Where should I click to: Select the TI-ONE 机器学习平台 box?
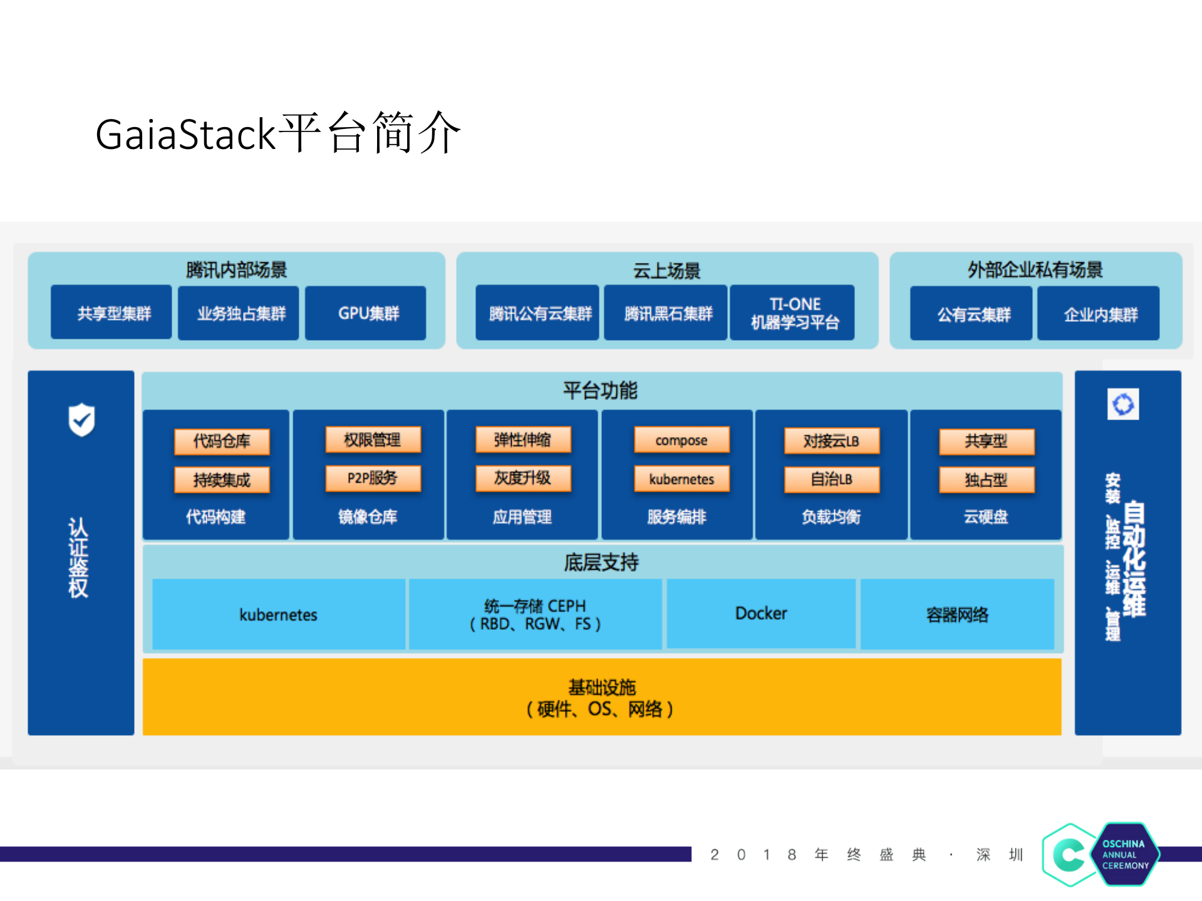pyautogui.click(x=794, y=313)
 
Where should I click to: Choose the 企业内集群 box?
pyautogui.click(x=1099, y=314)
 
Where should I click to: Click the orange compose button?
pyautogui.click(x=681, y=440)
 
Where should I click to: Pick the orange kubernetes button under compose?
pyautogui.click(x=681, y=479)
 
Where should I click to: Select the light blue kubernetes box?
pyautogui.click(x=278, y=614)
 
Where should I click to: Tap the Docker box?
pyautogui.click(x=760, y=613)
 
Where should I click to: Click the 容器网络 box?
pyautogui.click(x=957, y=614)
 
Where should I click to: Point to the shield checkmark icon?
pyautogui.click(x=81, y=420)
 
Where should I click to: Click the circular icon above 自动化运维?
pyautogui.click(x=1122, y=404)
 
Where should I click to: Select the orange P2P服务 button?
pyautogui.click(x=373, y=478)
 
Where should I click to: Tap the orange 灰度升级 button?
pyautogui.click(x=523, y=478)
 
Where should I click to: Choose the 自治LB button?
pyautogui.click(x=832, y=480)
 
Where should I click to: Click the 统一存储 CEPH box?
pyautogui.click(x=535, y=614)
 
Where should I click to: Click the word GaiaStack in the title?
pyautogui.click(x=185, y=135)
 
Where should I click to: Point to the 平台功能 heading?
pyautogui.click(x=600, y=390)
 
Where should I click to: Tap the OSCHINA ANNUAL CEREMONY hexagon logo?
pyautogui.click(x=1126, y=854)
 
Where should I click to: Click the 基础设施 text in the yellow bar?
pyautogui.click(x=601, y=687)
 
